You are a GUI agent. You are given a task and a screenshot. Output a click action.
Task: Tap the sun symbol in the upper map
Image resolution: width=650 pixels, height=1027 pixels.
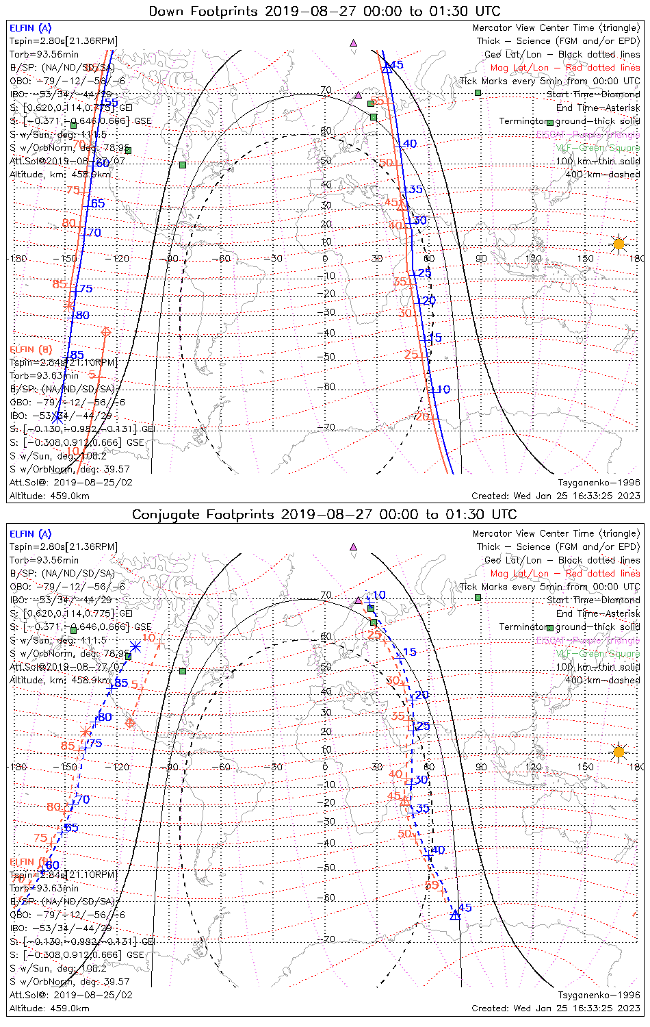click(619, 244)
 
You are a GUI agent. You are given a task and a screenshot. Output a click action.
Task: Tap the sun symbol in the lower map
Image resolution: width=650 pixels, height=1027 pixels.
click(619, 752)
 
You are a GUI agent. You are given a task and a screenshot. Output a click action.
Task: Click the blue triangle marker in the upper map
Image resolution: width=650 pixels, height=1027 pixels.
click(387, 67)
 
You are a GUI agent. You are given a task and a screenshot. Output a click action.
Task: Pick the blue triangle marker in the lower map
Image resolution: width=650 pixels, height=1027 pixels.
click(455, 915)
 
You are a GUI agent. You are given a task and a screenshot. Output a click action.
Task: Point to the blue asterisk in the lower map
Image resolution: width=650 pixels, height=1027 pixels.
click(135, 646)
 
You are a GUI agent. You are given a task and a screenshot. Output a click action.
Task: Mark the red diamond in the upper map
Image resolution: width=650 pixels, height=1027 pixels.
click(105, 332)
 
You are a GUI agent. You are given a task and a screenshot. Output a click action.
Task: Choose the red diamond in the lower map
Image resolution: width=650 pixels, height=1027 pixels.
click(130, 722)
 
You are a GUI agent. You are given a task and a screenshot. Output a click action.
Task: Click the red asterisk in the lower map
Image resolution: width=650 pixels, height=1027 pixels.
click(86, 733)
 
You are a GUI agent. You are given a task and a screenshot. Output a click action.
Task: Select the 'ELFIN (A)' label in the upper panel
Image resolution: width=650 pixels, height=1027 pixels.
click(30, 28)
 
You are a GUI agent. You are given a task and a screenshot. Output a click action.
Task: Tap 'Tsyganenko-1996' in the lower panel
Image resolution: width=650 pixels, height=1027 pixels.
click(599, 995)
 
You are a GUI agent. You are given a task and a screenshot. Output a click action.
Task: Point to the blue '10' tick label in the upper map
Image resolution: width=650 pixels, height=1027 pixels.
click(443, 390)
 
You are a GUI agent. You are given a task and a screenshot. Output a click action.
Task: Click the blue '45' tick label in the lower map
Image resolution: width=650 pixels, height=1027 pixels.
click(465, 908)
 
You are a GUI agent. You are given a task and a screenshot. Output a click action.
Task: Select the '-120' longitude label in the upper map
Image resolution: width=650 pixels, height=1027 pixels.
click(120, 259)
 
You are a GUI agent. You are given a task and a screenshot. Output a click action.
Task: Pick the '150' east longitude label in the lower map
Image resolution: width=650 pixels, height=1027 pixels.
click(585, 767)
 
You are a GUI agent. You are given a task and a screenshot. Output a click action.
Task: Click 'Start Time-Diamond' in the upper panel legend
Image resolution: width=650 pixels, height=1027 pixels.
click(593, 94)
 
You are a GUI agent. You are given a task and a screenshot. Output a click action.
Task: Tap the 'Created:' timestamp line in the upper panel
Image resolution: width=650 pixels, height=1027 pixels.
click(556, 496)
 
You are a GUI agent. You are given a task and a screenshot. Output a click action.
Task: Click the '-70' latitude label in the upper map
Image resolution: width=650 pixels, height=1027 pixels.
click(328, 427)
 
